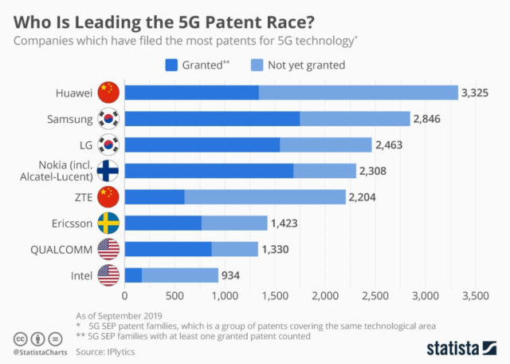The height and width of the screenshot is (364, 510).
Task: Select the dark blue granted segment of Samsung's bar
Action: click(x=212, y=119)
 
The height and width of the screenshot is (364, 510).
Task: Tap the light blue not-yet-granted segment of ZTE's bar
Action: click(x=265, y=196)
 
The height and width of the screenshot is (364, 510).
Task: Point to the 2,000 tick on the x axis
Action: click(x=325, y=296)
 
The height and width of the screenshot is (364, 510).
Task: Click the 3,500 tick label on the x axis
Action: click(x=475, y=296)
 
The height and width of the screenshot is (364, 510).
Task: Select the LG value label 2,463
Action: click(x=390, y=145)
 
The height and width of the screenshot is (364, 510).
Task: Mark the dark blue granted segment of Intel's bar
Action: click(x=133, y=275)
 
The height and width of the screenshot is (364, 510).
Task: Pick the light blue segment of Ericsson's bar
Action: click(x=234, y=224)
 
